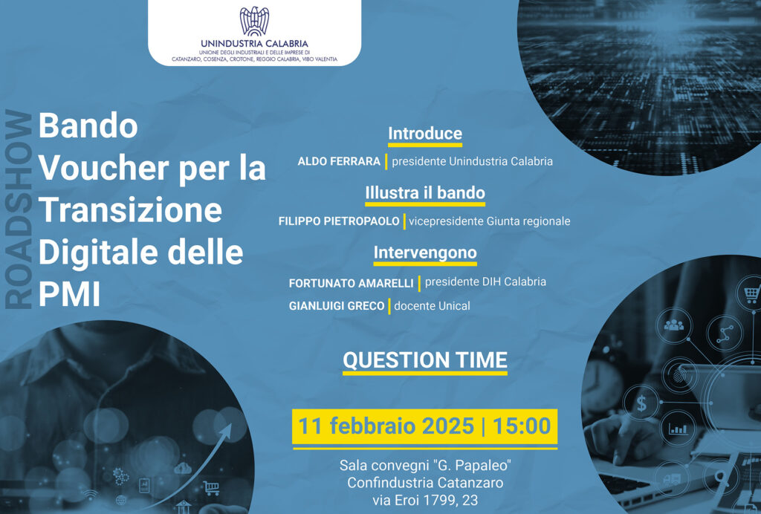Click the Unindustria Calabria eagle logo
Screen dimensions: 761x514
coord(254,22)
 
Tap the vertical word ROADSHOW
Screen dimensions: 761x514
coord(19,209)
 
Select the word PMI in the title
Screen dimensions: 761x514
coord(69,294)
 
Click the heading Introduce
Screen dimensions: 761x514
coord(425,134)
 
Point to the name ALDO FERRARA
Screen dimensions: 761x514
coord(339,161)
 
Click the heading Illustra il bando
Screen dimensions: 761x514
coord(425,193)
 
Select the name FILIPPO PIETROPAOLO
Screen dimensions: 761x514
coord(339,221)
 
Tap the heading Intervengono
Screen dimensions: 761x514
coord(425,253)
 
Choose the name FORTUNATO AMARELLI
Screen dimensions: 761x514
coord(351,283)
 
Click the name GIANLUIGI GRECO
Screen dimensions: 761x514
coord(337,306)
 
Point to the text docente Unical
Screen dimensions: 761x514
coord(432,306)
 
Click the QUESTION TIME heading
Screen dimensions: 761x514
coord(425,360)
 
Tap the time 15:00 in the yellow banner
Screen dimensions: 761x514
coord(522,426)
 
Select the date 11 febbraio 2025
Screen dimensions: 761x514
coord(386,426)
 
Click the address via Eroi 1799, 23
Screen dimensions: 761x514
coord(425,500)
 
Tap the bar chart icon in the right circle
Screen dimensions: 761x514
coord(678,429)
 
